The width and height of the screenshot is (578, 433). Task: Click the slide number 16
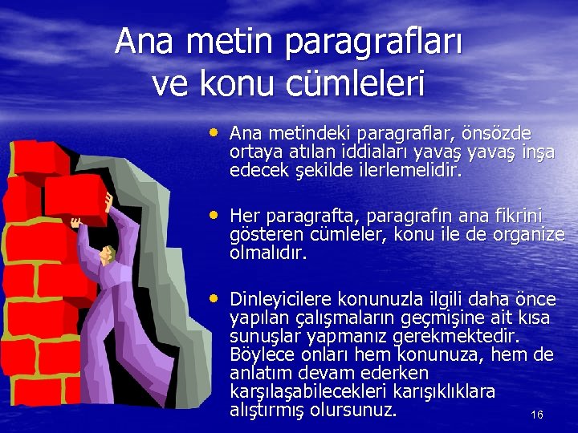[537, 415]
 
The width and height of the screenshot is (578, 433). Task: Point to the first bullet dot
[214, 129]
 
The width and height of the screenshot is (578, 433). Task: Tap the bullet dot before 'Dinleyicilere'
[214, 297]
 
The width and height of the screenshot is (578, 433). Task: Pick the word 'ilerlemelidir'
[412, 171]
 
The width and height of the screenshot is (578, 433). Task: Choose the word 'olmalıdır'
[268, 253]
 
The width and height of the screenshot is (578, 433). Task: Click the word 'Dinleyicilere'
[281, 300]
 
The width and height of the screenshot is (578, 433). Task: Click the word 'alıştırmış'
[270, 411]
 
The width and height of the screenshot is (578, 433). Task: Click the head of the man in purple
[107, 254]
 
